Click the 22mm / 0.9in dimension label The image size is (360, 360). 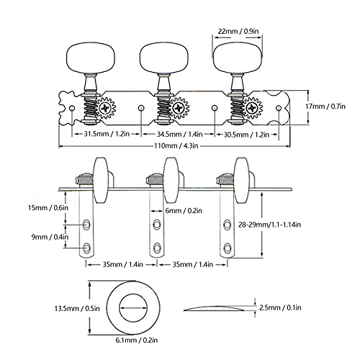(238, 31)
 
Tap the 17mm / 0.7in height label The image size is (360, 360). (325, 106)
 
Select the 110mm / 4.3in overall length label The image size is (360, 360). (176, 145)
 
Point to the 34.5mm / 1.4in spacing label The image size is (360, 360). (180, 134)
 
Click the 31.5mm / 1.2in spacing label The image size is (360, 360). (107, 134)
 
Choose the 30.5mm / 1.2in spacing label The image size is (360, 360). (246, 135)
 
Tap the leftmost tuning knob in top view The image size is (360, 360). (91, 58)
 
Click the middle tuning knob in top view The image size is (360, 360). (164, 58)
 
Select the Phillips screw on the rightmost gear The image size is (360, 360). (252, 108)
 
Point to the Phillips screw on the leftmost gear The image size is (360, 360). (105, 108)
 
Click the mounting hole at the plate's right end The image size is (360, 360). (279, 108)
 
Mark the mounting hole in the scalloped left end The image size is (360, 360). (71, 108)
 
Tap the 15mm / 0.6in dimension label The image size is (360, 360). (48, 207)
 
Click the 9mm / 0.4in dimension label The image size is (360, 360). (50, 237)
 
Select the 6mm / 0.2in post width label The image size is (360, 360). (184, 210)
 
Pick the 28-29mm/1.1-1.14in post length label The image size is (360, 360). (269, 225)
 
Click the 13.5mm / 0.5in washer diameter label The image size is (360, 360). (77, 308)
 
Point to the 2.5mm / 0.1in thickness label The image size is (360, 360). (280, 307)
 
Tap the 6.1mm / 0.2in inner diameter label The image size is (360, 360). (137, 340)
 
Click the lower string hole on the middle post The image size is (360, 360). (157, 247)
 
